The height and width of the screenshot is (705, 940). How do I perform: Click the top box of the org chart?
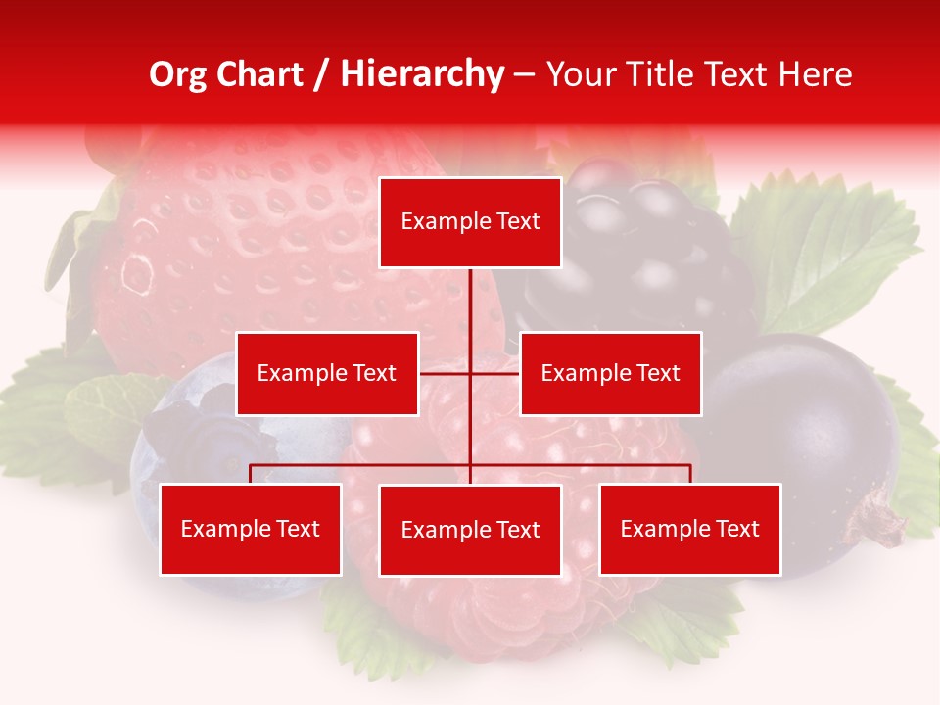pos(470,222)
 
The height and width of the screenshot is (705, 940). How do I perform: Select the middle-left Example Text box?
pos(327,373)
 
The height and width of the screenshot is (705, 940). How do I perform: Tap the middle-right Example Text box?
pos(610,373)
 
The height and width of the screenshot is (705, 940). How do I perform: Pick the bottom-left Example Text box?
pos(251,529)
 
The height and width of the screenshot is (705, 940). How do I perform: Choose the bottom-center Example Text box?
pos(470,530)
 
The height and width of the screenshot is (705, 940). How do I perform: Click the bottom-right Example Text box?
pos(690,529)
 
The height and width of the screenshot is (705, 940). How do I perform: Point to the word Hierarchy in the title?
pos(422,74)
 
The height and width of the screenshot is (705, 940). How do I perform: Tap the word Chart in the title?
pos(258,74)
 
